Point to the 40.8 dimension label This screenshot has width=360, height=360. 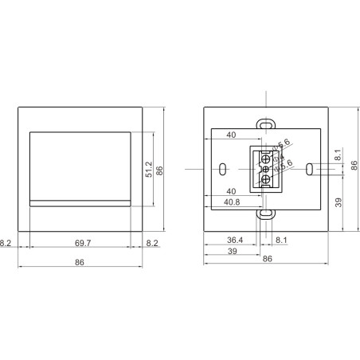pyautogui.click(x=233, y=201)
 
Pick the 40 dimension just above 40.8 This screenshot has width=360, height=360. pyautogui.click(x=231, y=191)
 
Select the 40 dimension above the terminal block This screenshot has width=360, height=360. pyautogui.click(x=231, y=135)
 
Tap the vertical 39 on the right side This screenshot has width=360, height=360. pyautogui.click(x=339, y=203)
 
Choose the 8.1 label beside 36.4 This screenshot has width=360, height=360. pyautogui.click(x=282, y=239)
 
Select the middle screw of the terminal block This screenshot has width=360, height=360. pyautogui.click(x=265, y=168)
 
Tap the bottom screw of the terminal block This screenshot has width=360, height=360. pyautogui.click(x=265, y=180)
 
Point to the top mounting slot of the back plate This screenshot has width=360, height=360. pyautogui.click(x=264, y=123)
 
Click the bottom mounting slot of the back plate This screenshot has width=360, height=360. pyautogui.click(x=264, y=213)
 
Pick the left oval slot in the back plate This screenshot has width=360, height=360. pyautogui.click(x=221, y=169)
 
